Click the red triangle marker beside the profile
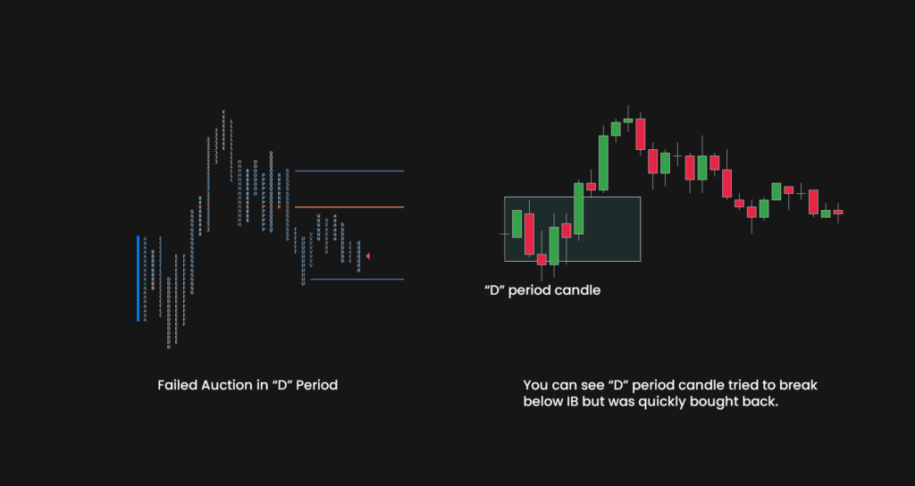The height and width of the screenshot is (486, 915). point(367,256)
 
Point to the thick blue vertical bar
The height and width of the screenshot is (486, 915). point(139,278)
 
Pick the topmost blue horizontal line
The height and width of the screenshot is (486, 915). point(349,171)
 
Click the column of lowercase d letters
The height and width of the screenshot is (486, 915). point(358,256)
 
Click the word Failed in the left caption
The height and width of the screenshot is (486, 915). point(174,386)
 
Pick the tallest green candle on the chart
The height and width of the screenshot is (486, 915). point(603,162)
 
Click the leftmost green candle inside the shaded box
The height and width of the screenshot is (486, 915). point(516,222)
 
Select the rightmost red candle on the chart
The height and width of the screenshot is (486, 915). point(838,212)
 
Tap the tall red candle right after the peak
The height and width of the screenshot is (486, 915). point(641,134)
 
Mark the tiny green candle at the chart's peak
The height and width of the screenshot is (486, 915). point(628,120)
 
